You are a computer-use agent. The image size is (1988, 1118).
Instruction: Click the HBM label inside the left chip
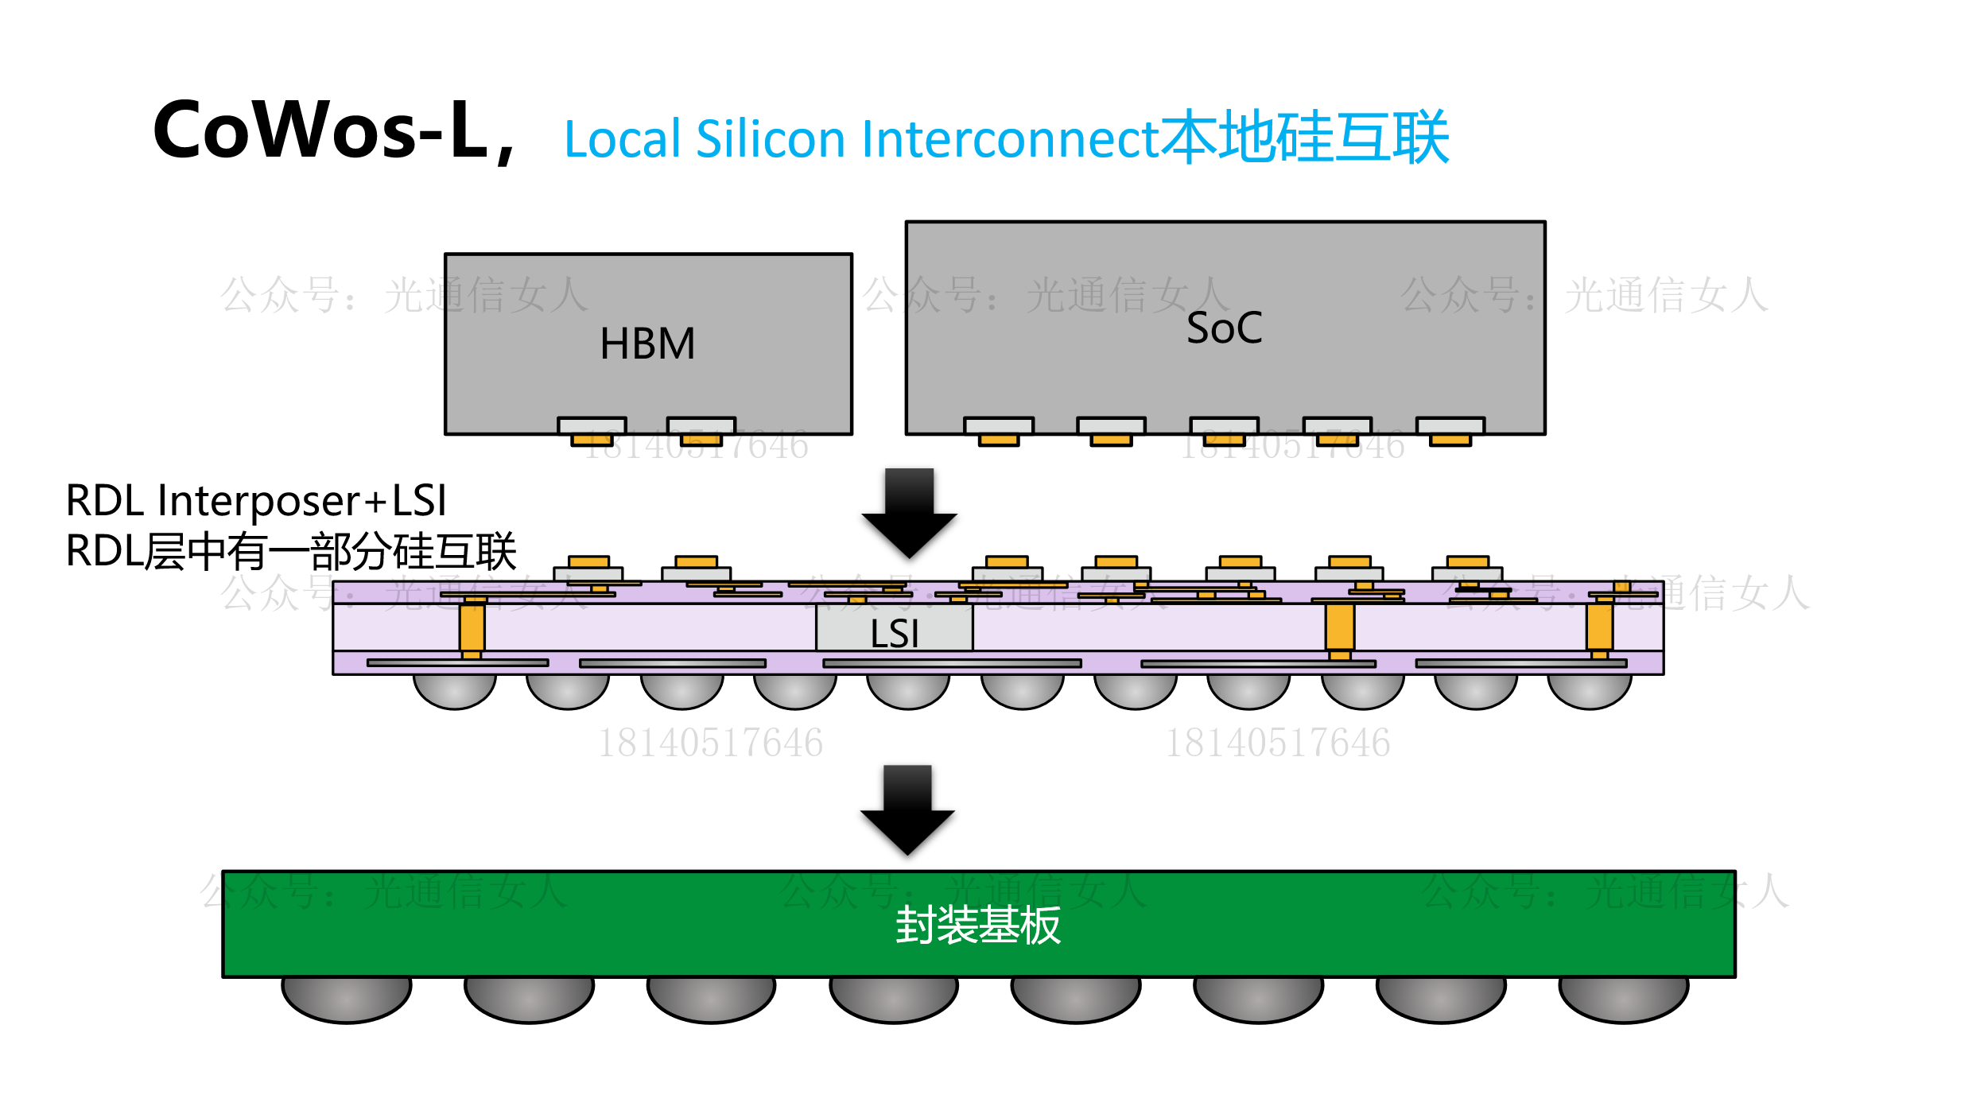coord(647,344)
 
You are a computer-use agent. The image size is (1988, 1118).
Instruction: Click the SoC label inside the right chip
coord(1224,328)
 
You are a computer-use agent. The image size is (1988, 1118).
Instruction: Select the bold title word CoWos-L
coord(320,130)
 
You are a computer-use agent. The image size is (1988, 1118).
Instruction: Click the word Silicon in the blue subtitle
coord(769,139)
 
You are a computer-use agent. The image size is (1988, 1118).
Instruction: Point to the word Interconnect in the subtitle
coord(1010,139)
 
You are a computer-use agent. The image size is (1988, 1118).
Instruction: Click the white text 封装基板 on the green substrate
coord(977,926)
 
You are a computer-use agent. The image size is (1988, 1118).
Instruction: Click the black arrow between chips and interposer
coord(909,512)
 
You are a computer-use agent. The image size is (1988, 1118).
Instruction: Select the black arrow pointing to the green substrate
coord(907,809)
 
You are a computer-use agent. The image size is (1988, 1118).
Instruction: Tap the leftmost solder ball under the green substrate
coord(347,998)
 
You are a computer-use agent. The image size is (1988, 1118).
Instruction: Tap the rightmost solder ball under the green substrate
coord(1623,998)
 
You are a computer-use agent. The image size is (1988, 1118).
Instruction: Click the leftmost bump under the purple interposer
coord(455,689)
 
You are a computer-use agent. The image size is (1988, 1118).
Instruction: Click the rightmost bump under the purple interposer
coord(1590,689)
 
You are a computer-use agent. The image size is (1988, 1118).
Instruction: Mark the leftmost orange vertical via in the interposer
coord(472,628)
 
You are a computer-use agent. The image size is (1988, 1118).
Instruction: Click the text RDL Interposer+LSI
coord(256,501)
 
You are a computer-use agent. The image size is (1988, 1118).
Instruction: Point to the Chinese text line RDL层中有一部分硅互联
coord(291,552)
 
